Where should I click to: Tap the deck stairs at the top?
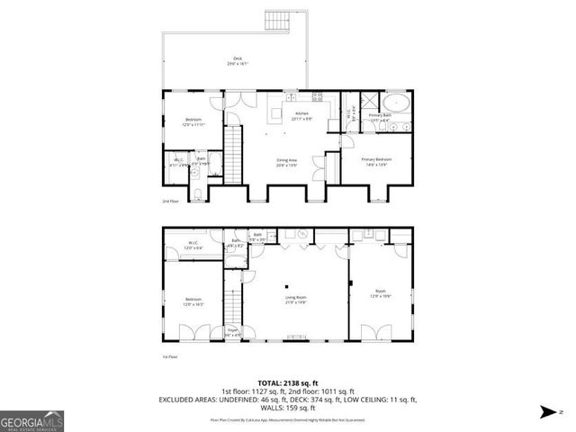(275, 20)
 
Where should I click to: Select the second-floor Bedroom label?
(193, 121)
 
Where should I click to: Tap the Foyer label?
(232, 332)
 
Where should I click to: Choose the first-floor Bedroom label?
(193, 301)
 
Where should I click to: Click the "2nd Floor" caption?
(169, 202)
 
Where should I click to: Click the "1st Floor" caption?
(169, 357)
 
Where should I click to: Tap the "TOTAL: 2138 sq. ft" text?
(287, 381)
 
